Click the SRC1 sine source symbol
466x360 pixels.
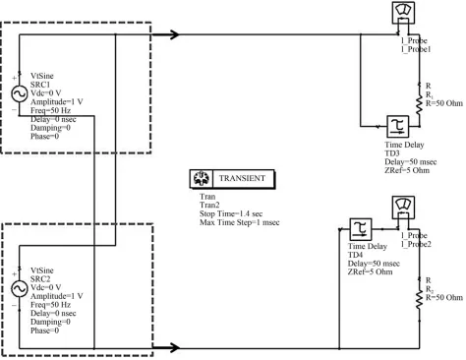coord(20,94)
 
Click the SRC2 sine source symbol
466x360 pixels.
coord(20,289)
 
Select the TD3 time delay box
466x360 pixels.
coord(398,127)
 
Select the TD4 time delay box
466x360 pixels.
coord(361,229)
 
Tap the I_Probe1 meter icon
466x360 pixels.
coord(403,13)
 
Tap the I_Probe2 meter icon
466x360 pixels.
coord(403,208)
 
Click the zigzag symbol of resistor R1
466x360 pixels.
coord(419,105)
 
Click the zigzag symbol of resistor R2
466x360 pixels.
coord(419,299)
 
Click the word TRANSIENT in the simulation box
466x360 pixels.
coord(242,178)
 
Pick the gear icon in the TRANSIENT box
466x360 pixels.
coord(201,178)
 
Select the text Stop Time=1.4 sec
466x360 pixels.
coord(231,213)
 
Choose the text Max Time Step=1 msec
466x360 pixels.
coord(240,222)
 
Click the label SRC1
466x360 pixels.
coord(40,85)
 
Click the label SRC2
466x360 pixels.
coord(40,279)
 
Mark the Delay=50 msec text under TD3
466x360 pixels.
coord(411,162)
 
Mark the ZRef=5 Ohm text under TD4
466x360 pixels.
coord(370,271)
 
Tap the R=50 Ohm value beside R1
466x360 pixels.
coord(444,103)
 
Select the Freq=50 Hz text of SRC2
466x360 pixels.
coord(50,305)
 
